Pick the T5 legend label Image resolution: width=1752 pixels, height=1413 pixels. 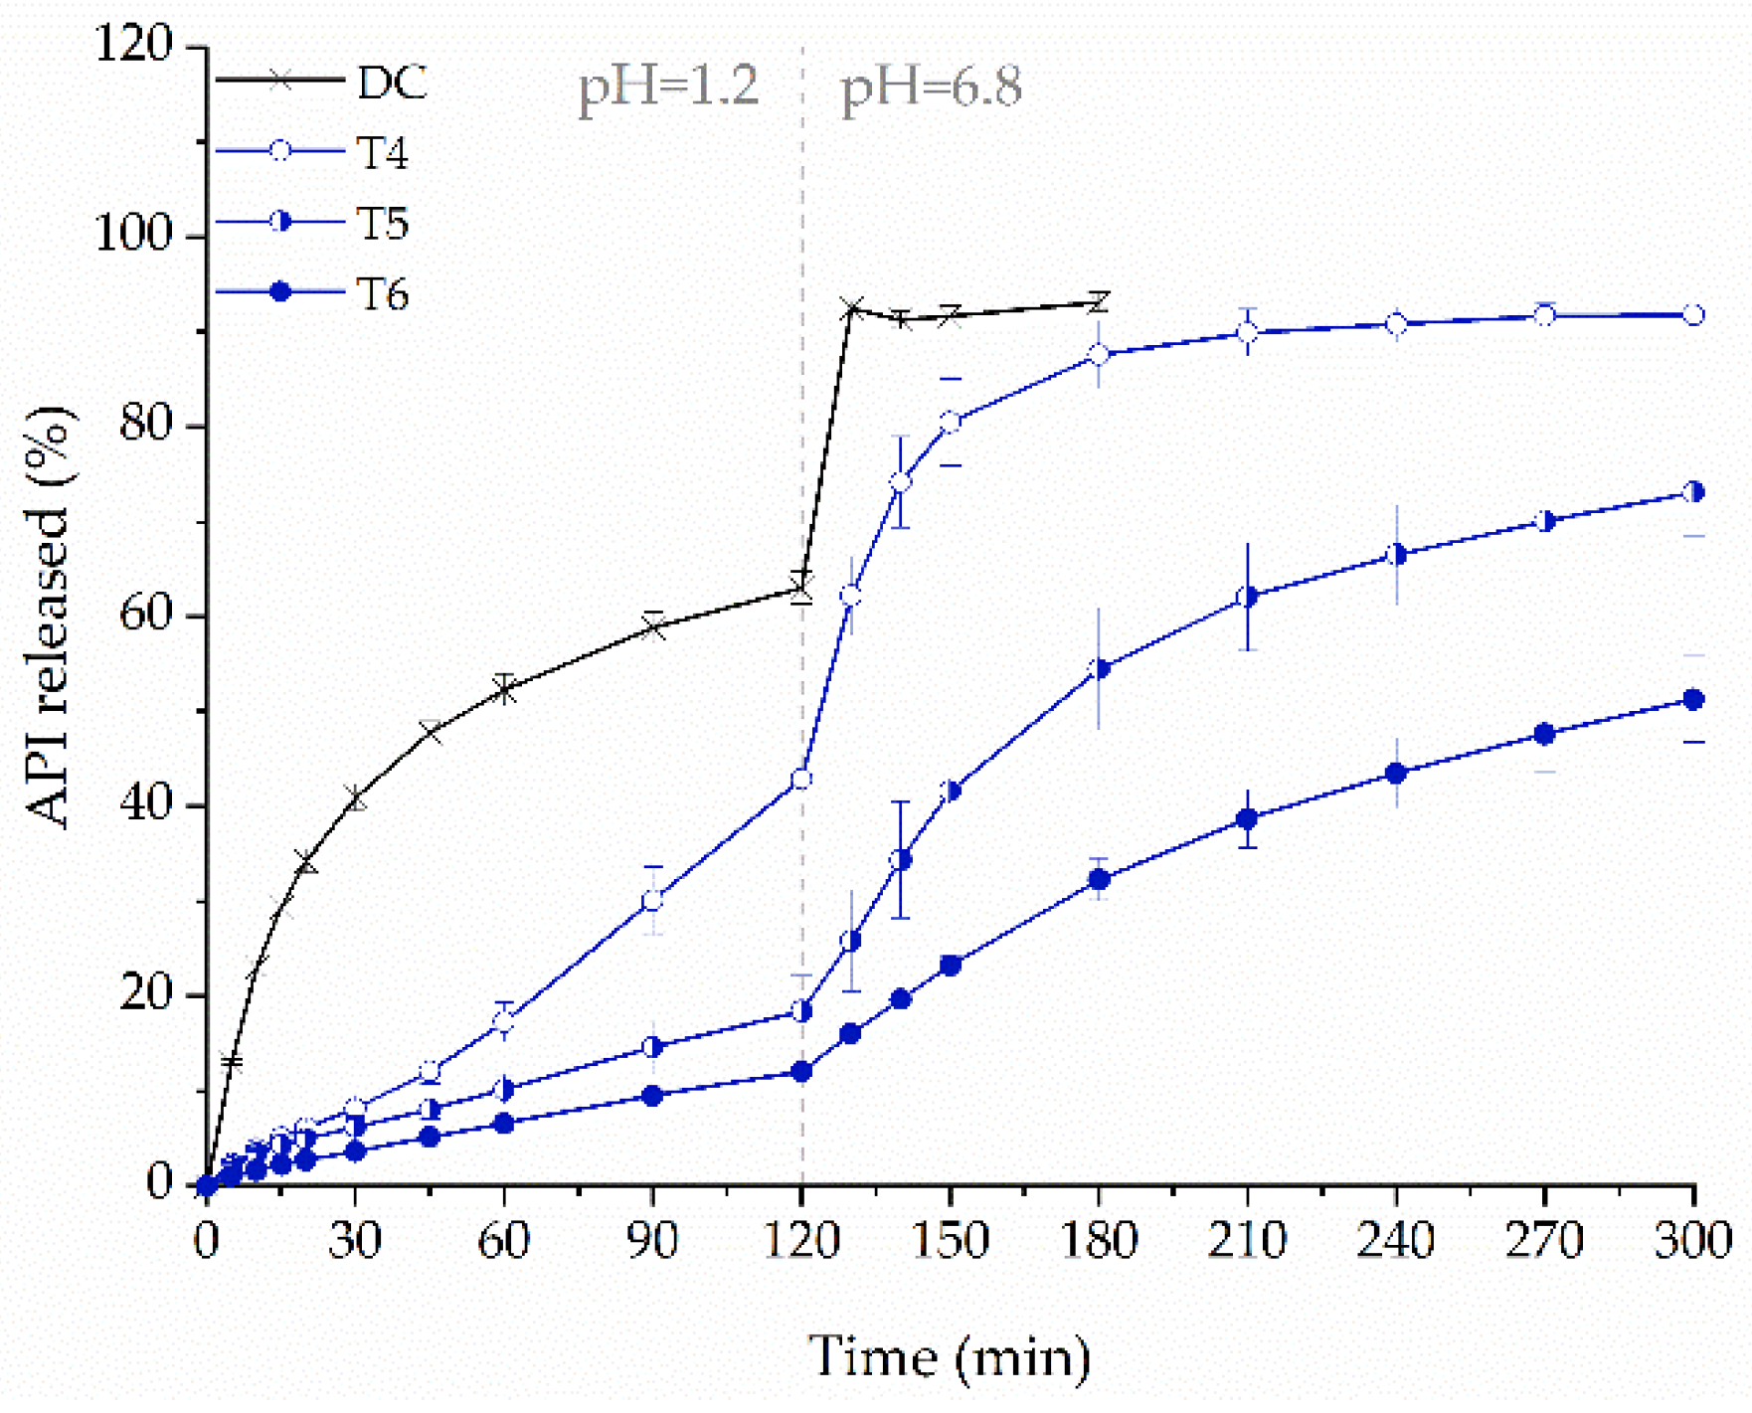(383, 224)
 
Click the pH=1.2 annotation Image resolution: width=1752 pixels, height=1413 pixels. (668, 86)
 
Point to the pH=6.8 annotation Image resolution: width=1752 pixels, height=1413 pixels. (931, 88)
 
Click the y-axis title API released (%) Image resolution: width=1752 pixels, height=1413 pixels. (50, 617)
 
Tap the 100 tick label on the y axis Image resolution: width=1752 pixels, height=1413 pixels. (133, 236)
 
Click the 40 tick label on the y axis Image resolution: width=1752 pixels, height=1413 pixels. (146, 805)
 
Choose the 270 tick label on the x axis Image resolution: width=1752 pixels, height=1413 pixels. (1543, 1239)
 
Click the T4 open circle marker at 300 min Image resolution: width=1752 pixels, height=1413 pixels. (1693, 315)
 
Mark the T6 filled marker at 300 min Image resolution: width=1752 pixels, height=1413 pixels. (1693, 700)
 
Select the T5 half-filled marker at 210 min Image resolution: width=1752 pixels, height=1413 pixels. (1247, 597)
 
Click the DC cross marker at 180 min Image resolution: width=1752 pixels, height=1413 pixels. (1099, 302)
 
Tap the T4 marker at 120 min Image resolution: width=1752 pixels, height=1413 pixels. (801, 780)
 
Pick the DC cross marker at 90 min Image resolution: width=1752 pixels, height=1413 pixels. (653, 626)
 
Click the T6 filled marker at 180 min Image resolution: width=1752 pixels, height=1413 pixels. (1099, 879)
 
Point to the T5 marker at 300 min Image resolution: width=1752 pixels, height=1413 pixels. (1693, 492)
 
